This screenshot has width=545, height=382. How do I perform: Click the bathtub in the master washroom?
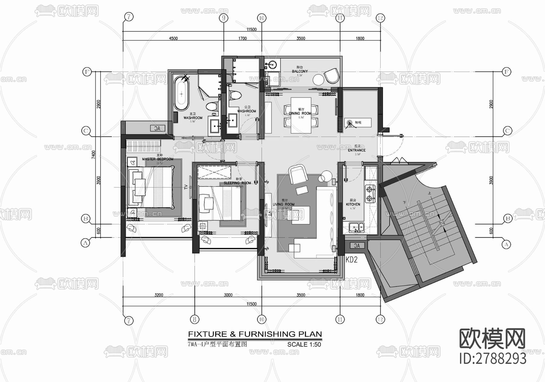click(x=181, y=93)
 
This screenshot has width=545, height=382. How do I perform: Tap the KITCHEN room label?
click(x=353, y=204)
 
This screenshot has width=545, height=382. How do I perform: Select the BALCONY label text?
click(x=300, y=71)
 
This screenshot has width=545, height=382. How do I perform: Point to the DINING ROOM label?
click(x=300, y=113)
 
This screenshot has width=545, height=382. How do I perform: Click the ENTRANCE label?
click(x=357, y=150)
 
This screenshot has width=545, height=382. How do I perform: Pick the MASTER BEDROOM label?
click(x=158, y=159)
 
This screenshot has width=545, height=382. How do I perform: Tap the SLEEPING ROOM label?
click(x=237, y=183)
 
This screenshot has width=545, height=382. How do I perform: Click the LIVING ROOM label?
click(x=283, y=204)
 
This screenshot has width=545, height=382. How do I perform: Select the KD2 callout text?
click(x=352, y=260)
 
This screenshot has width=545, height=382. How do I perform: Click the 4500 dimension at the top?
click(x=173, y=39)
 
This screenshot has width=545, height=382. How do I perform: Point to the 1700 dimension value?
click(x=243, y=39)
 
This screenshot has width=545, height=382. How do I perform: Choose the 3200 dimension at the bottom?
click(x=159, y=295)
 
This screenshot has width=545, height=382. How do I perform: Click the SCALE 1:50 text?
click(x=304, y=344)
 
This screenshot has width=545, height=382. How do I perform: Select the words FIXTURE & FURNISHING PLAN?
click(x=255, y=334)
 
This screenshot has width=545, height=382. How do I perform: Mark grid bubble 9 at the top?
click(x=223, y=18)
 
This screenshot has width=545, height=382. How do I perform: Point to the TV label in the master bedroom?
click(x=186, y=187)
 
